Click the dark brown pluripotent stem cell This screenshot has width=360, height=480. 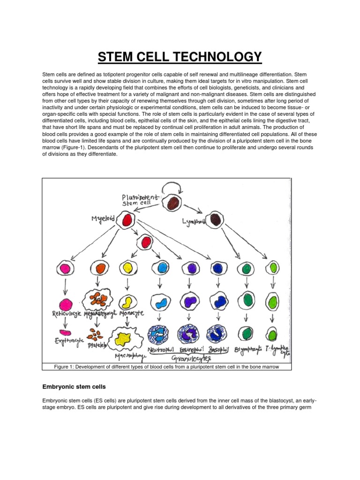point(173,203)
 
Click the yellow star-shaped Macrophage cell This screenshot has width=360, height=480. point(126,337)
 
